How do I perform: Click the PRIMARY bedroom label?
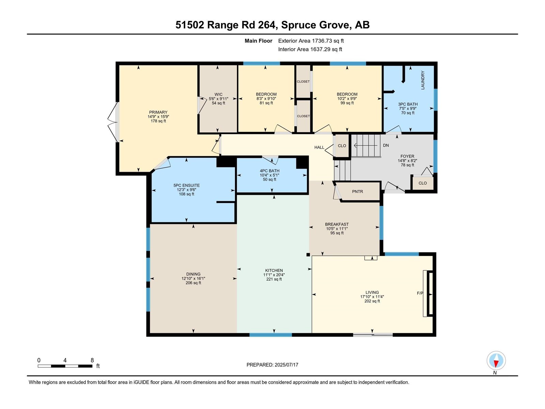[x=158, y=112]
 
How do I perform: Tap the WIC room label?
[x=218, y=94]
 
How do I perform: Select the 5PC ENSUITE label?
[x=186, y=185]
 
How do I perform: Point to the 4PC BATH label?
[x=269, y=171]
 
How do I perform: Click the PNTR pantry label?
[x=357, y=192]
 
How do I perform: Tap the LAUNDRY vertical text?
[x=423, y=80]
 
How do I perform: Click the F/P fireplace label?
[x=420, y=293]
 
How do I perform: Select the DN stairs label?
[x=386, y=145]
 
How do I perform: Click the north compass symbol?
[x=496, y=361]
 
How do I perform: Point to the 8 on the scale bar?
[x=92, y=360]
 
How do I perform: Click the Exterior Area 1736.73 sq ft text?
[x=311, y=41]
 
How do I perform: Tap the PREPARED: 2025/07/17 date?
[x=272, y=365]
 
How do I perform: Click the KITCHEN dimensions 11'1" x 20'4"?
[x=274, y=275]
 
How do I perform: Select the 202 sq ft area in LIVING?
[x=372, y=301]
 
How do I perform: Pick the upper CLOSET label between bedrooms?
[x=303, y=81]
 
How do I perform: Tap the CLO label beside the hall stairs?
[x=342, y=146]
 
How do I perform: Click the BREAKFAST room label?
[x=337, y=224]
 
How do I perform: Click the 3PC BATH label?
[x=408, y=104]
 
